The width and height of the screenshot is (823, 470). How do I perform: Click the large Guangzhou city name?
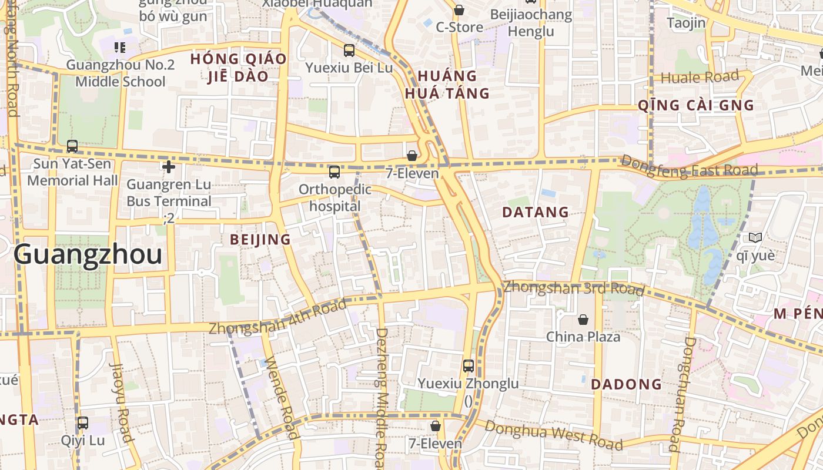pyautogui.click(x=88, y=255)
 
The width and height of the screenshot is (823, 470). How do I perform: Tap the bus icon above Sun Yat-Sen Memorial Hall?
pyautogui.click(x=72, y=146)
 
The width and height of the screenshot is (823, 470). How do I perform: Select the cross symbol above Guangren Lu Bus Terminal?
pyautogui.click(x=169, y=167)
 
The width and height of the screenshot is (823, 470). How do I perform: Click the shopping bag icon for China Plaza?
pyautogui.click(x=583, y=319)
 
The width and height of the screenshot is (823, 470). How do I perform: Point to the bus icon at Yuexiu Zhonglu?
pyautogui.click(x=468, y=365)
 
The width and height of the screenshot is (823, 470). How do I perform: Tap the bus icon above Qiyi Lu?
pyautogui.click(x=83, y=422)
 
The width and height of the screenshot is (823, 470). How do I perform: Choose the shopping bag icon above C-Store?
pyautogui.click(x=459, y=10)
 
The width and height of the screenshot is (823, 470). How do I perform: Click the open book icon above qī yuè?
pyautogui.click(x=755, y=237)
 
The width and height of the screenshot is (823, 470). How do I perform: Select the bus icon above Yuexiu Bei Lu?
pyautogui.click(x=349, y=50)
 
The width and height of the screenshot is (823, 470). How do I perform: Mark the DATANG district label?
pyautogui.click(x=536, y=212)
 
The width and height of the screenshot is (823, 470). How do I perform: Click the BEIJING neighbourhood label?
pyautogui.click(x=260, y=239)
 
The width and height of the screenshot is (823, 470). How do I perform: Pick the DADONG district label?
pyautogui.click(x=626, y=384)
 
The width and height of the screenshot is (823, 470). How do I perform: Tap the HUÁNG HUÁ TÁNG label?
pyautogui.click(x=447, y=85)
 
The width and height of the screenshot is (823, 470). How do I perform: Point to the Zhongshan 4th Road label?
pyautogui.click(x=277, y=318)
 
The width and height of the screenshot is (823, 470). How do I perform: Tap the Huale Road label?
pyautogui.click(x=700, y=77)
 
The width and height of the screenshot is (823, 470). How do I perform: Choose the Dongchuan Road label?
pyautogui.click(x=682, y=394)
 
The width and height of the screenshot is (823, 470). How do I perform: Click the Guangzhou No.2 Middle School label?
pyautogui.click(x=120, y=73)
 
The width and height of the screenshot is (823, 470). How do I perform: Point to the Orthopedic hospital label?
pyautogui.click(x=335, y=197)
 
